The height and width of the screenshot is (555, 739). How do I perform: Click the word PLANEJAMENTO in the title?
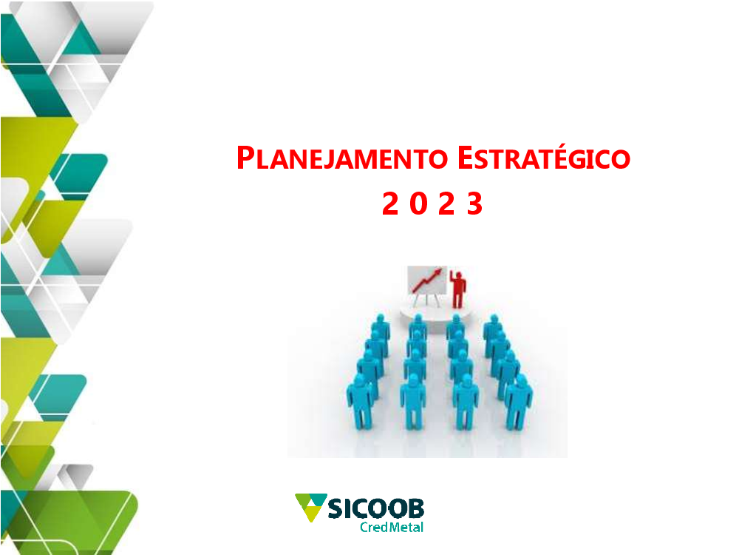pyautogui.click(x=341, y=158)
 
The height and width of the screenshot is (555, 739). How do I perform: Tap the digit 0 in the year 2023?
pyautogui.click(x=418, y=203)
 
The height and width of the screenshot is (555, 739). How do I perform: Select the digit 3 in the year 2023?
pyautogui.click(x=474, y=203)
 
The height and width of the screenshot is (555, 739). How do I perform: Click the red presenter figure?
pyautogui.click(x=457, y=289)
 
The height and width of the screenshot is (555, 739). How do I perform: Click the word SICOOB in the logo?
pyautogui.click(x=375, y=508)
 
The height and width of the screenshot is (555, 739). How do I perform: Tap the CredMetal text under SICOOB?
pyautogui.click(x=392, y=527)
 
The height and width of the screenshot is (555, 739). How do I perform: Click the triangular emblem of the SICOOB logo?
pyautogui.click(x=310, y=507)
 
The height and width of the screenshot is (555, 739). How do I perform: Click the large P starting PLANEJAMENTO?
pyautogui.click(x=245, y=158)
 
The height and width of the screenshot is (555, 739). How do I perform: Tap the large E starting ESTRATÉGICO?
pyautogui.click(x=465, y=158)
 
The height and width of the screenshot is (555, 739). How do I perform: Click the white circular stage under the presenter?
pyautogui.click(x=435, y=313)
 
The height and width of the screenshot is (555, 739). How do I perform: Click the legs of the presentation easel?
pyautogui.click(x=426, y=300)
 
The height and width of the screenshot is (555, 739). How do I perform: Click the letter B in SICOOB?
pyautogui.click(x=415, y=508)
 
